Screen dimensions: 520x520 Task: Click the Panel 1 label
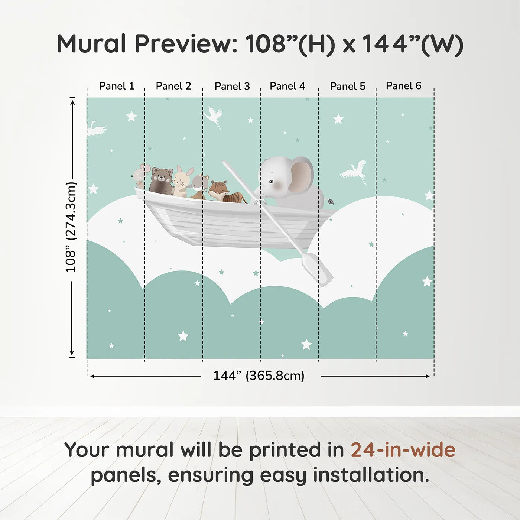point(117,86)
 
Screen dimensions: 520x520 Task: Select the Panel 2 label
point(173,86)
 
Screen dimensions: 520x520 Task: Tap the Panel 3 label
point(232,86)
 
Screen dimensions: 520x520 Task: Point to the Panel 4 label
point(287,86)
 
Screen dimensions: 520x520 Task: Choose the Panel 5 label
point(348,86)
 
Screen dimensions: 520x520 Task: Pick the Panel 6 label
point(403,86)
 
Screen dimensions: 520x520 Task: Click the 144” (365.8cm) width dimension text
point(259,376)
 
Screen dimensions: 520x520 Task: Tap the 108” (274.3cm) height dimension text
point(71,227)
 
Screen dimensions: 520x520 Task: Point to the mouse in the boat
point(140,176)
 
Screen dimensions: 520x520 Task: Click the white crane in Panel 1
point(97,129)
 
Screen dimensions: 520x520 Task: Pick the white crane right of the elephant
point(354,172)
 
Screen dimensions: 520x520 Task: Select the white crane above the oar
point(214,117)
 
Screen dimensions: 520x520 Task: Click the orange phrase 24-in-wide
point(403,449)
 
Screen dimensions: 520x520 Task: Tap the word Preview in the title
point(186,43)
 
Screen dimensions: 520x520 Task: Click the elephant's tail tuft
point(331,201)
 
